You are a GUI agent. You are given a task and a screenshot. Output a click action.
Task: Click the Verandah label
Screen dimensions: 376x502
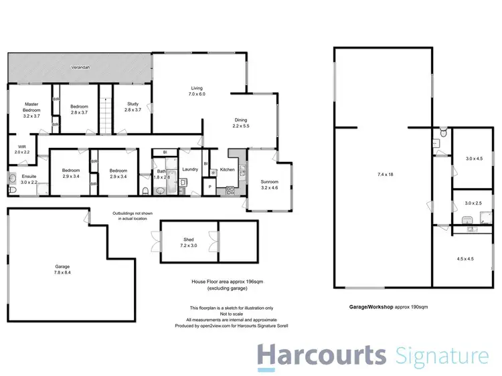(x=80, y=68)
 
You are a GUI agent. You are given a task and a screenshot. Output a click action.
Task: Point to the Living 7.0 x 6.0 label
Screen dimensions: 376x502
(x=197, y=92)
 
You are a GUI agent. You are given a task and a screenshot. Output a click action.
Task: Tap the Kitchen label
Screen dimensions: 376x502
(x=228, y=170)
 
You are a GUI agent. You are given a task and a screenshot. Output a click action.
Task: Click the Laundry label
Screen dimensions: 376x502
(x=190, y=169)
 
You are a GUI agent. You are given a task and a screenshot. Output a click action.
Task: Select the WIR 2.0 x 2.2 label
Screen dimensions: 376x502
(x=22, y=149)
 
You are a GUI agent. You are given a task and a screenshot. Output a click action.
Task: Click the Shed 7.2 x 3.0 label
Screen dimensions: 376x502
(x=188, y=242)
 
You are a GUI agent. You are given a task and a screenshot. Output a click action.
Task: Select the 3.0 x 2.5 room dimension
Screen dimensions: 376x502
(x=474, y=203)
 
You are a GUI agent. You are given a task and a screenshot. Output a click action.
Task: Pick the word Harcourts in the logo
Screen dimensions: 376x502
(x=323, y=355)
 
